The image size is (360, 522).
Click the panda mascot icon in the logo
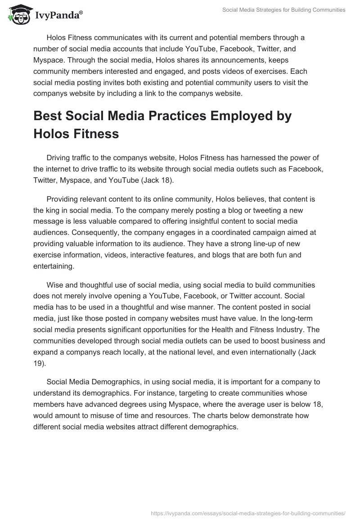[18, 15]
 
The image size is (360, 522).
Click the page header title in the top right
[284, 9]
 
